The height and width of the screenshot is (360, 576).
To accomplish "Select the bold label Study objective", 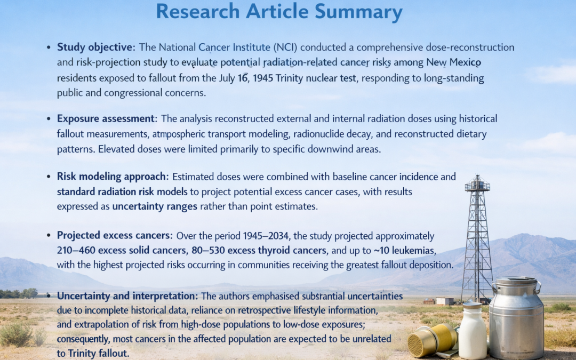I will pos(93,47).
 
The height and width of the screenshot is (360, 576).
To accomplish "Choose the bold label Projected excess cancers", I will pos(114,236).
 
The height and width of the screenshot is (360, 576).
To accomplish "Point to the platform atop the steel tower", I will pos(477,186).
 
